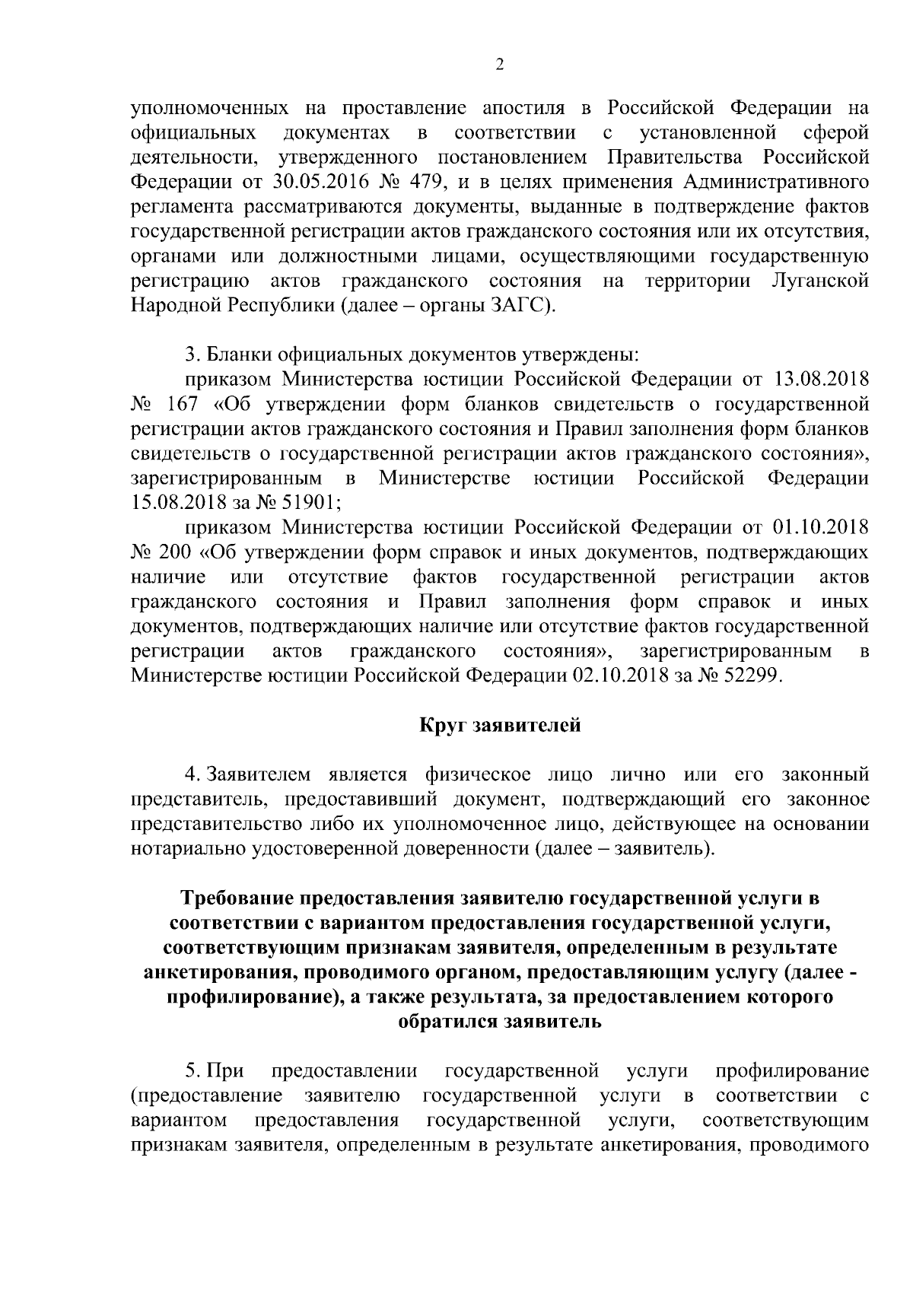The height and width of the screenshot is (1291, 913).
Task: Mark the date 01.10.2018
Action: point(822,527)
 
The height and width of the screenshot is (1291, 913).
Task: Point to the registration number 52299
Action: point(749,676)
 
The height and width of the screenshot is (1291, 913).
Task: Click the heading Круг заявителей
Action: point(500,726)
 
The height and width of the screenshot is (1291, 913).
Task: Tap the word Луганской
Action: point(819,281)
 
